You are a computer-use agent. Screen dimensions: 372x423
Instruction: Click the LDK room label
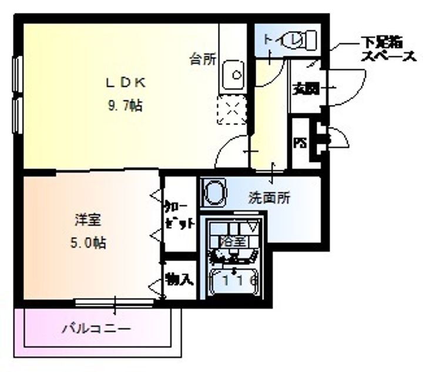click(125, 83)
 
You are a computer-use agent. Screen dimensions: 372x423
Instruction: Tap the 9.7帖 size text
click(125, 106)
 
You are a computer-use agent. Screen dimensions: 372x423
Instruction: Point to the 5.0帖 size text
click(88, 242)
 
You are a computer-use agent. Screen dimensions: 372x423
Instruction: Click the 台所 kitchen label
click(203, 59)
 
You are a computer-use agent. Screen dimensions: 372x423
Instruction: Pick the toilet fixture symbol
click(303, 40)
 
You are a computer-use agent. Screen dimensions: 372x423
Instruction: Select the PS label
click(300, 143)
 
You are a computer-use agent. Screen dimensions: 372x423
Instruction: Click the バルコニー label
click(97, 329)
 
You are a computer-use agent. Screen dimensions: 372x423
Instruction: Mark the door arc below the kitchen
click(232, 150)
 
